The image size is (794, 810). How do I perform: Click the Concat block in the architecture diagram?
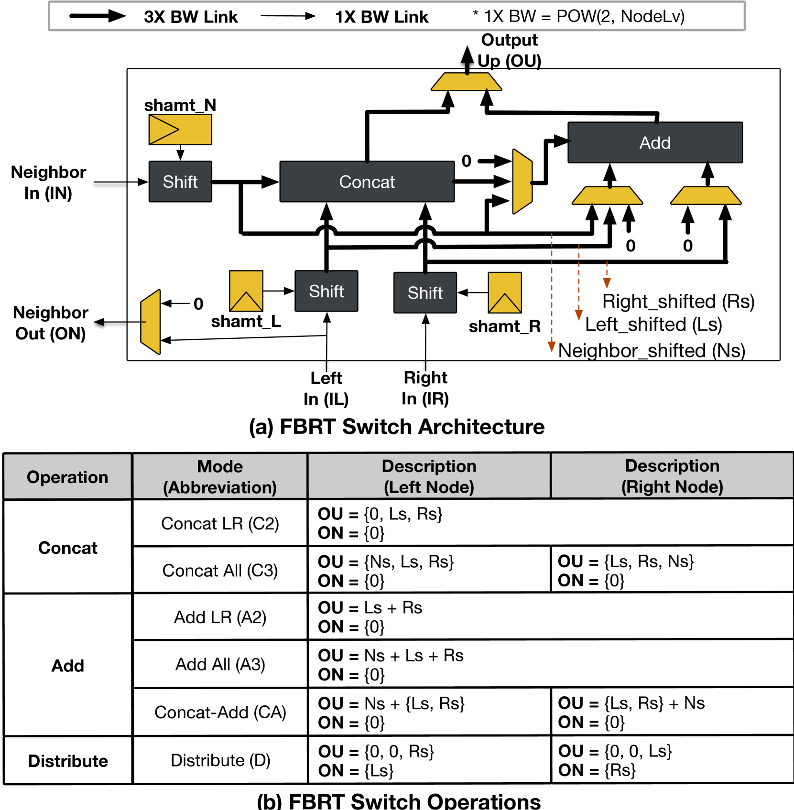(367, 182)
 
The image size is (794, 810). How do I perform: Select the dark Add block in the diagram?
(655, 142)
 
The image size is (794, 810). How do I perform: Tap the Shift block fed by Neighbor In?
(180, 182)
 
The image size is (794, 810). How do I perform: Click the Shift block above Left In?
(326, 291)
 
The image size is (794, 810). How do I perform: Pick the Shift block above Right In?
(425, 292)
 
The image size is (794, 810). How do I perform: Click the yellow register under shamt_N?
(180, 130)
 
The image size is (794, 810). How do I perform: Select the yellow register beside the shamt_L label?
(246, 291)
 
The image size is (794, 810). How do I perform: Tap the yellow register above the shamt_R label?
(505, 292)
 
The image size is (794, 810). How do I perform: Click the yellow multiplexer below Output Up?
(466, 82)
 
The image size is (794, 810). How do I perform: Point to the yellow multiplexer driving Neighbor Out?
(151, 322)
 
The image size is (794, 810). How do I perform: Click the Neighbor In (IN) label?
(48, 182)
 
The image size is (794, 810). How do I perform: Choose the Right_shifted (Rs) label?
(678, 302)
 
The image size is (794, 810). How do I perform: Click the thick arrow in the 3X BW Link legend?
(98, 16)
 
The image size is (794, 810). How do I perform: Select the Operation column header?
(67, 477)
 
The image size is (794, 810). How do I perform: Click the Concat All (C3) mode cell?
(220, 570)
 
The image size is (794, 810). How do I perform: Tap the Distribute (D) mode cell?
(220, 760)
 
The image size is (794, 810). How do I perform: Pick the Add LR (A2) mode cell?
(220, 617)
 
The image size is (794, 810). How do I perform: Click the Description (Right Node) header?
(672, 476)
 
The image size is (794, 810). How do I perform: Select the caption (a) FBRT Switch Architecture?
(397, 427)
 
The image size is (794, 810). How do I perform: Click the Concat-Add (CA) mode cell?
(220, 712)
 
